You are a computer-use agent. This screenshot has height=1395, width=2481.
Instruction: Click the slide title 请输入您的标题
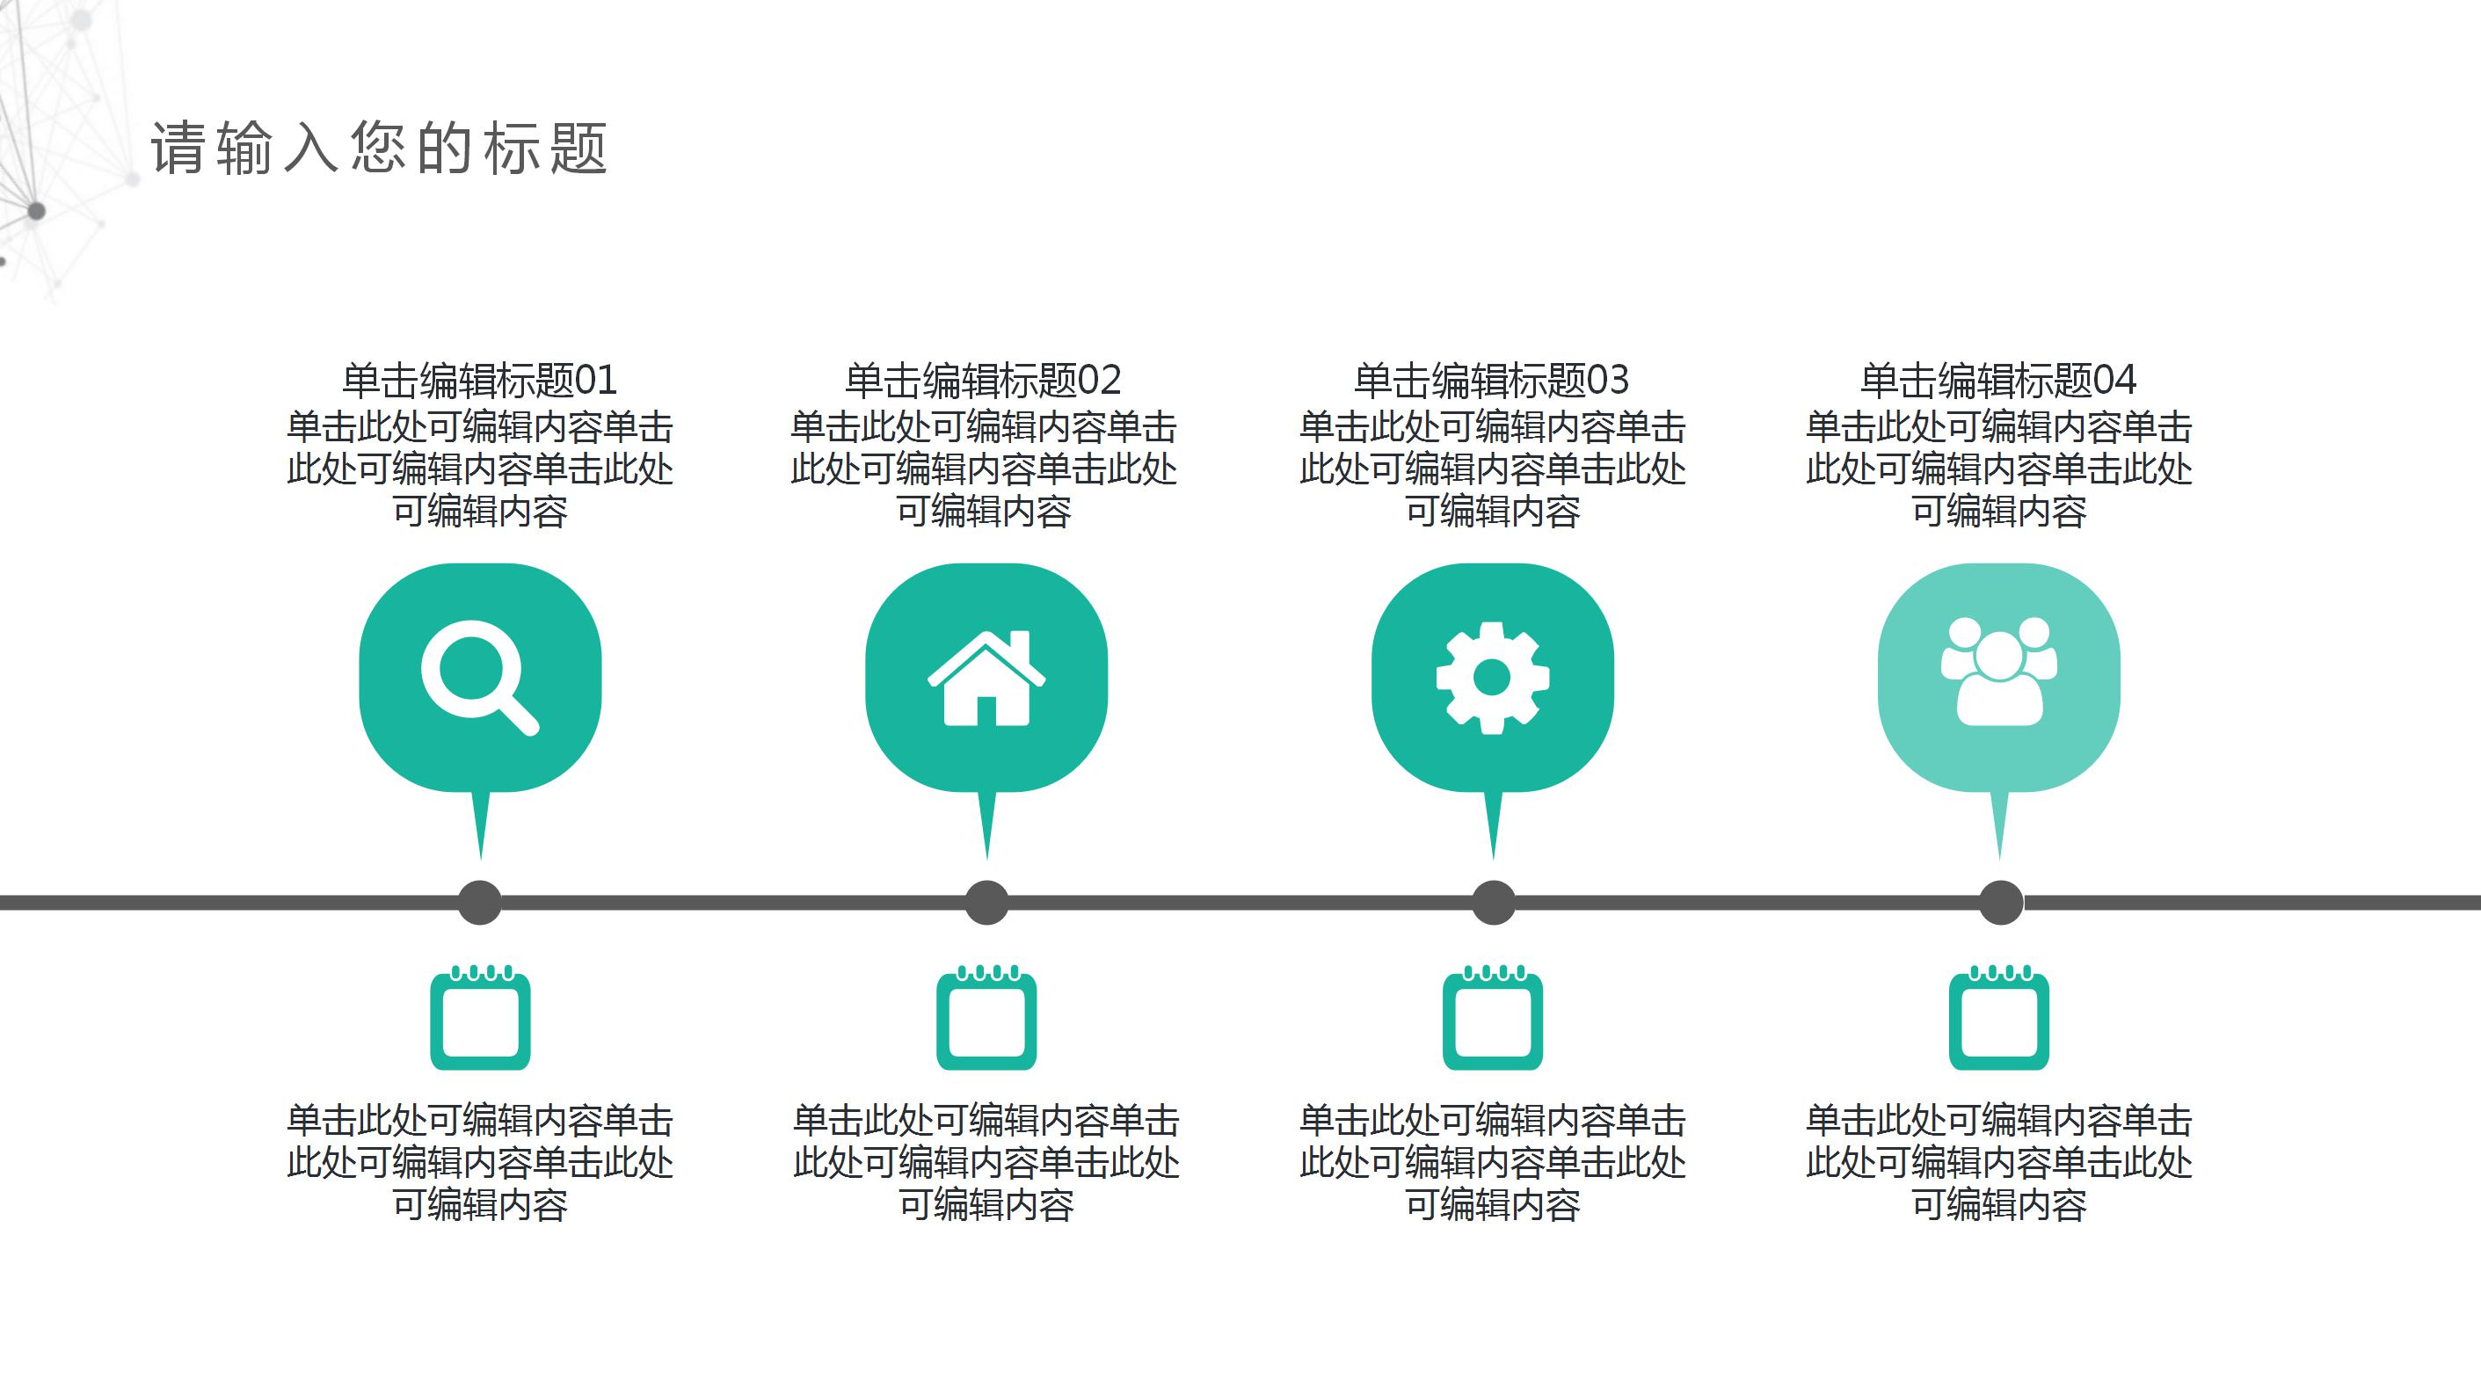pyautogui.click(x=379, y=149)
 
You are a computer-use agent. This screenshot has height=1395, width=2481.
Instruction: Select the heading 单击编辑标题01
pyautogui.click(x=480, y=381)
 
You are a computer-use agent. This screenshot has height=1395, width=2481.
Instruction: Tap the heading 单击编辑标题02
pyautogui.click(x=984, y=381)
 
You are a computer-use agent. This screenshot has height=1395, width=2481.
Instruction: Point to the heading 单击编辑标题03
pyautogui.click(x=1492, y=381)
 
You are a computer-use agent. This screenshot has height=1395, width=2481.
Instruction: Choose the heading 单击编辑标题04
pyautogui.click(x=1998, y=381)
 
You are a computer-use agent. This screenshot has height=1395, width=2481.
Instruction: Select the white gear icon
pyautogui.click(x=1493, y=678)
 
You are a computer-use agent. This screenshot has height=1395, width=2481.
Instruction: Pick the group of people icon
pyautogui.click(x=1999, y=671)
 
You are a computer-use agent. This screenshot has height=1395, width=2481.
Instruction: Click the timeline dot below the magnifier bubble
pyautogui.click(x=480, y=902)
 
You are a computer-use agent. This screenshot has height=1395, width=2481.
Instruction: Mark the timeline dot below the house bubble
pyautogui.click(x=986, y=902)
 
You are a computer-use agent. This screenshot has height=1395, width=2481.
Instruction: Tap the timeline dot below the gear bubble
pyautogui.click(x=1493, y=902)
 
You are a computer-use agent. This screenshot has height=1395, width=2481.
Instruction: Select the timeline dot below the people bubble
pyautogui.click(x=2000, y=902)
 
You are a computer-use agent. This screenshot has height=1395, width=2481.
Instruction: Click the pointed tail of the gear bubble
pyautogui.click(x=1493, y=823)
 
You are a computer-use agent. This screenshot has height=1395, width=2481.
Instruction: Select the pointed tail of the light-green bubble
pyautogui.click(x=1999, y=823)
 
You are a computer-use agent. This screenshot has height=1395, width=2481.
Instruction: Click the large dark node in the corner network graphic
pyautogui.click(x=37, y=211)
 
